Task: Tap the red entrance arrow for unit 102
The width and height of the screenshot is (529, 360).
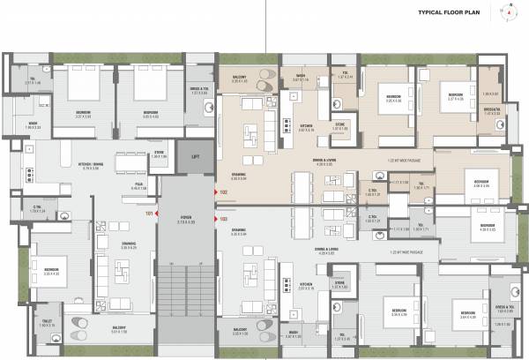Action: pyautogui.click(x=214, y=191)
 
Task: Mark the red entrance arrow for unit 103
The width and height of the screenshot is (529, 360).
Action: pyautogui.click(x=214, y=217)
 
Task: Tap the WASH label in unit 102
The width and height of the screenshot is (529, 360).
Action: pyautogui.click(x=301, y=76)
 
